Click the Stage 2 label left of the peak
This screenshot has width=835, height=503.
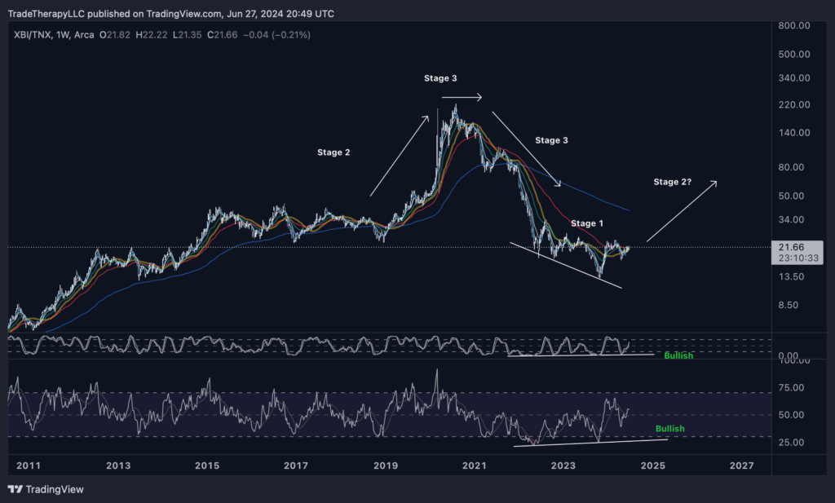334,152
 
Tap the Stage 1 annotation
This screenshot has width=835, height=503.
587,223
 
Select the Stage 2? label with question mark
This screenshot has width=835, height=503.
673,182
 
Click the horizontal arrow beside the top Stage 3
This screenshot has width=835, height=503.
462,98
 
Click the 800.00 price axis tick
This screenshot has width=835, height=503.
793,26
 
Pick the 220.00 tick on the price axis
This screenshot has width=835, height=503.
793,105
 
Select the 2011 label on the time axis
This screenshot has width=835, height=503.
29,465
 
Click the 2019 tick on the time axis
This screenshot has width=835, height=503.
385,465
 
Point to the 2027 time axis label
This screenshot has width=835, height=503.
741,465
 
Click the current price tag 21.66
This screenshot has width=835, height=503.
790,247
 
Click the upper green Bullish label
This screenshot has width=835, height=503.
678,356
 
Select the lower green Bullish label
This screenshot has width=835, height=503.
670,429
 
